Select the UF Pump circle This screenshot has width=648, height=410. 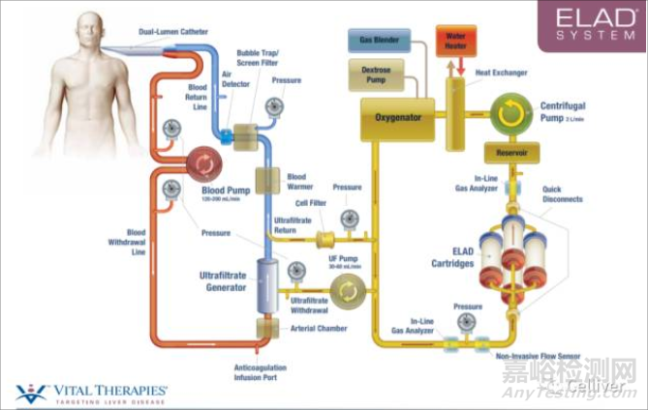(x=346, y=290)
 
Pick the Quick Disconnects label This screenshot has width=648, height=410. (x=563, y=194)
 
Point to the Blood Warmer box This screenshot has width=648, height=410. (x=268, y=180)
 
